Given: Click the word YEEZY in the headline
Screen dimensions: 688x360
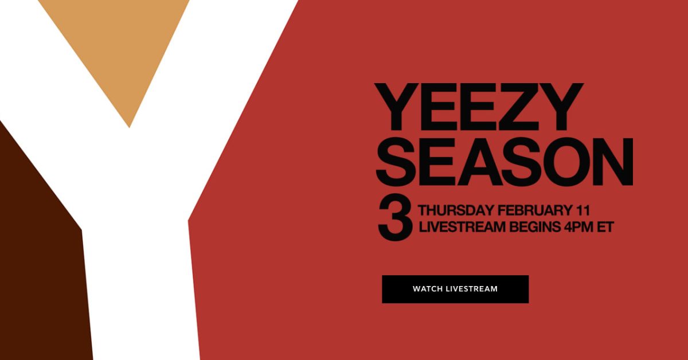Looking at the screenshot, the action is (479, 107).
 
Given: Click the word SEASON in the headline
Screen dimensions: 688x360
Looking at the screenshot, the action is (505, 162).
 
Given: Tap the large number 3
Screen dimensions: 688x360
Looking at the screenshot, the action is (395, 217).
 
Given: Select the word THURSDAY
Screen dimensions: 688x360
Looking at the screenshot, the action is (456, 210).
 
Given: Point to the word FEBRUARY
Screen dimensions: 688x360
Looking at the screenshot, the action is (534, 210).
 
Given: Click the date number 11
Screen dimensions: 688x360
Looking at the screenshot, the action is (582, 210).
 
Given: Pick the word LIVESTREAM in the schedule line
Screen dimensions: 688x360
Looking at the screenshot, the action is (462, 228).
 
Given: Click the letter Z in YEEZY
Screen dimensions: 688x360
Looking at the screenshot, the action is (519, 107).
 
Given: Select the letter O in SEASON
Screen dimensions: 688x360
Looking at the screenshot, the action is (561, 162).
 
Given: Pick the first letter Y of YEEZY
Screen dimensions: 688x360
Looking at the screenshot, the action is (397, 107).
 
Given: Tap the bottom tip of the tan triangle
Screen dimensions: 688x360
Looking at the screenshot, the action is (129, 127).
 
